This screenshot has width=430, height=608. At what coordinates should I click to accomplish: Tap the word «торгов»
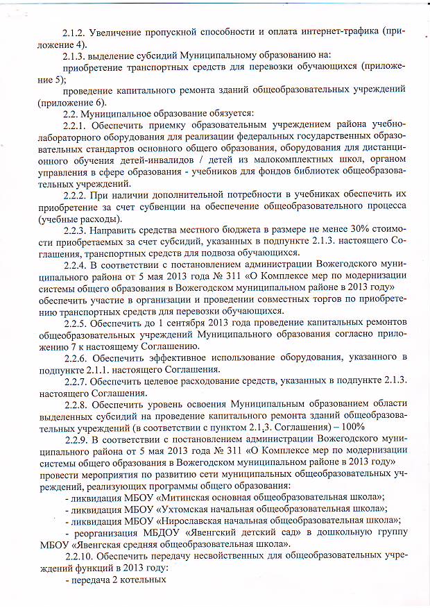click(298, 298)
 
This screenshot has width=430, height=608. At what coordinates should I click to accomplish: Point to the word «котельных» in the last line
click(141, 581)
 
